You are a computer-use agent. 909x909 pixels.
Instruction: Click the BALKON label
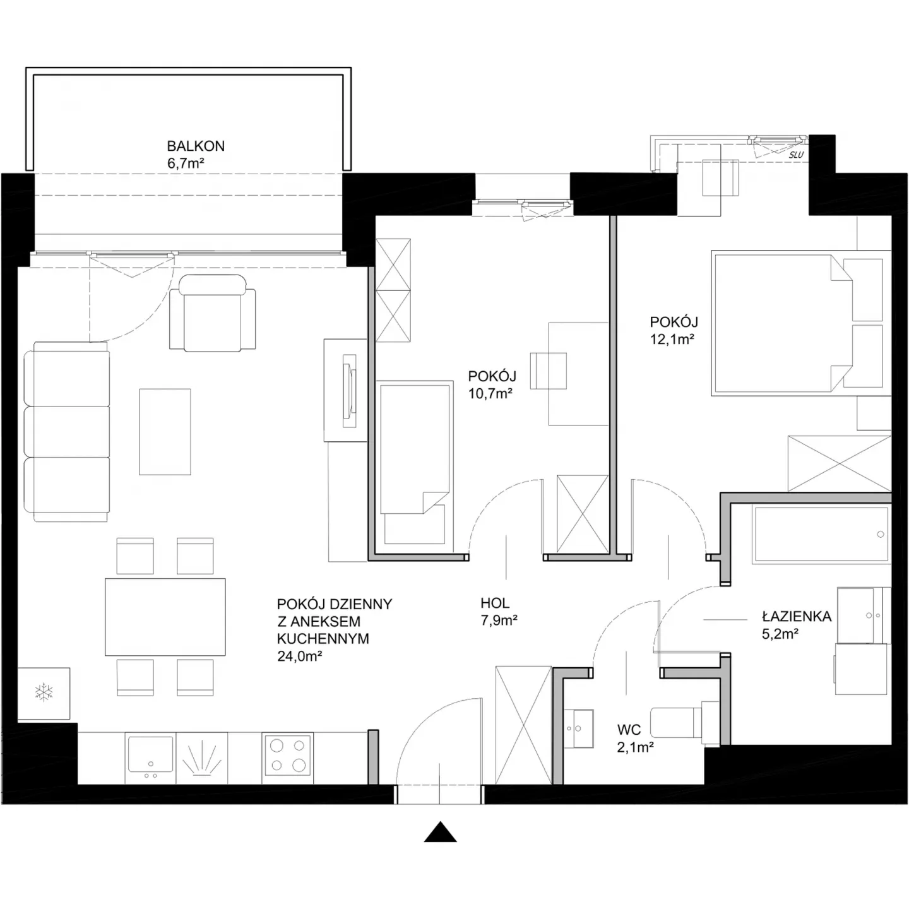click(195, 146)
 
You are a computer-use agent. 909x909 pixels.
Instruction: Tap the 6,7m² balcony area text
click(186, 163)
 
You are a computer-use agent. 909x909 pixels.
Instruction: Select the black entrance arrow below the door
click(440, 831)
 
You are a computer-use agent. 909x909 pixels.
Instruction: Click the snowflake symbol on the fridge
click(44, 692)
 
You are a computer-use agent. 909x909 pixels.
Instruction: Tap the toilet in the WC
click(684, 723)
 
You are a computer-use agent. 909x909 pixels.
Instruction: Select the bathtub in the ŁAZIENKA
click(821, 535)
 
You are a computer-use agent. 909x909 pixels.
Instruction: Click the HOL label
click(495, 603)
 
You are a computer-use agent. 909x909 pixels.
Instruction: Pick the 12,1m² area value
click(672, 339)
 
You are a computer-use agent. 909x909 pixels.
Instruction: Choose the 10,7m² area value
click(490, 393)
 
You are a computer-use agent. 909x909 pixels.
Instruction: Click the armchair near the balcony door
click(213, 314)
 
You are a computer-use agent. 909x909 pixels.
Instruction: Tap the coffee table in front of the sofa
click(165, 432)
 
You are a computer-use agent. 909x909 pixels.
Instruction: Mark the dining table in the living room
click(165, 617)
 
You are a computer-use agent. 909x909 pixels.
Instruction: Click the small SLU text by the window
click(796, 155)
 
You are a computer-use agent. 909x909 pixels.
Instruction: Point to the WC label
click(629, 730)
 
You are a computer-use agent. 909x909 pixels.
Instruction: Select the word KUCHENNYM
click(323, 639)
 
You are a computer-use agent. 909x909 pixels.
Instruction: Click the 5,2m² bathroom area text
click(780, 634)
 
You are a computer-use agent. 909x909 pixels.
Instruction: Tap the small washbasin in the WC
click(579, 728)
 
